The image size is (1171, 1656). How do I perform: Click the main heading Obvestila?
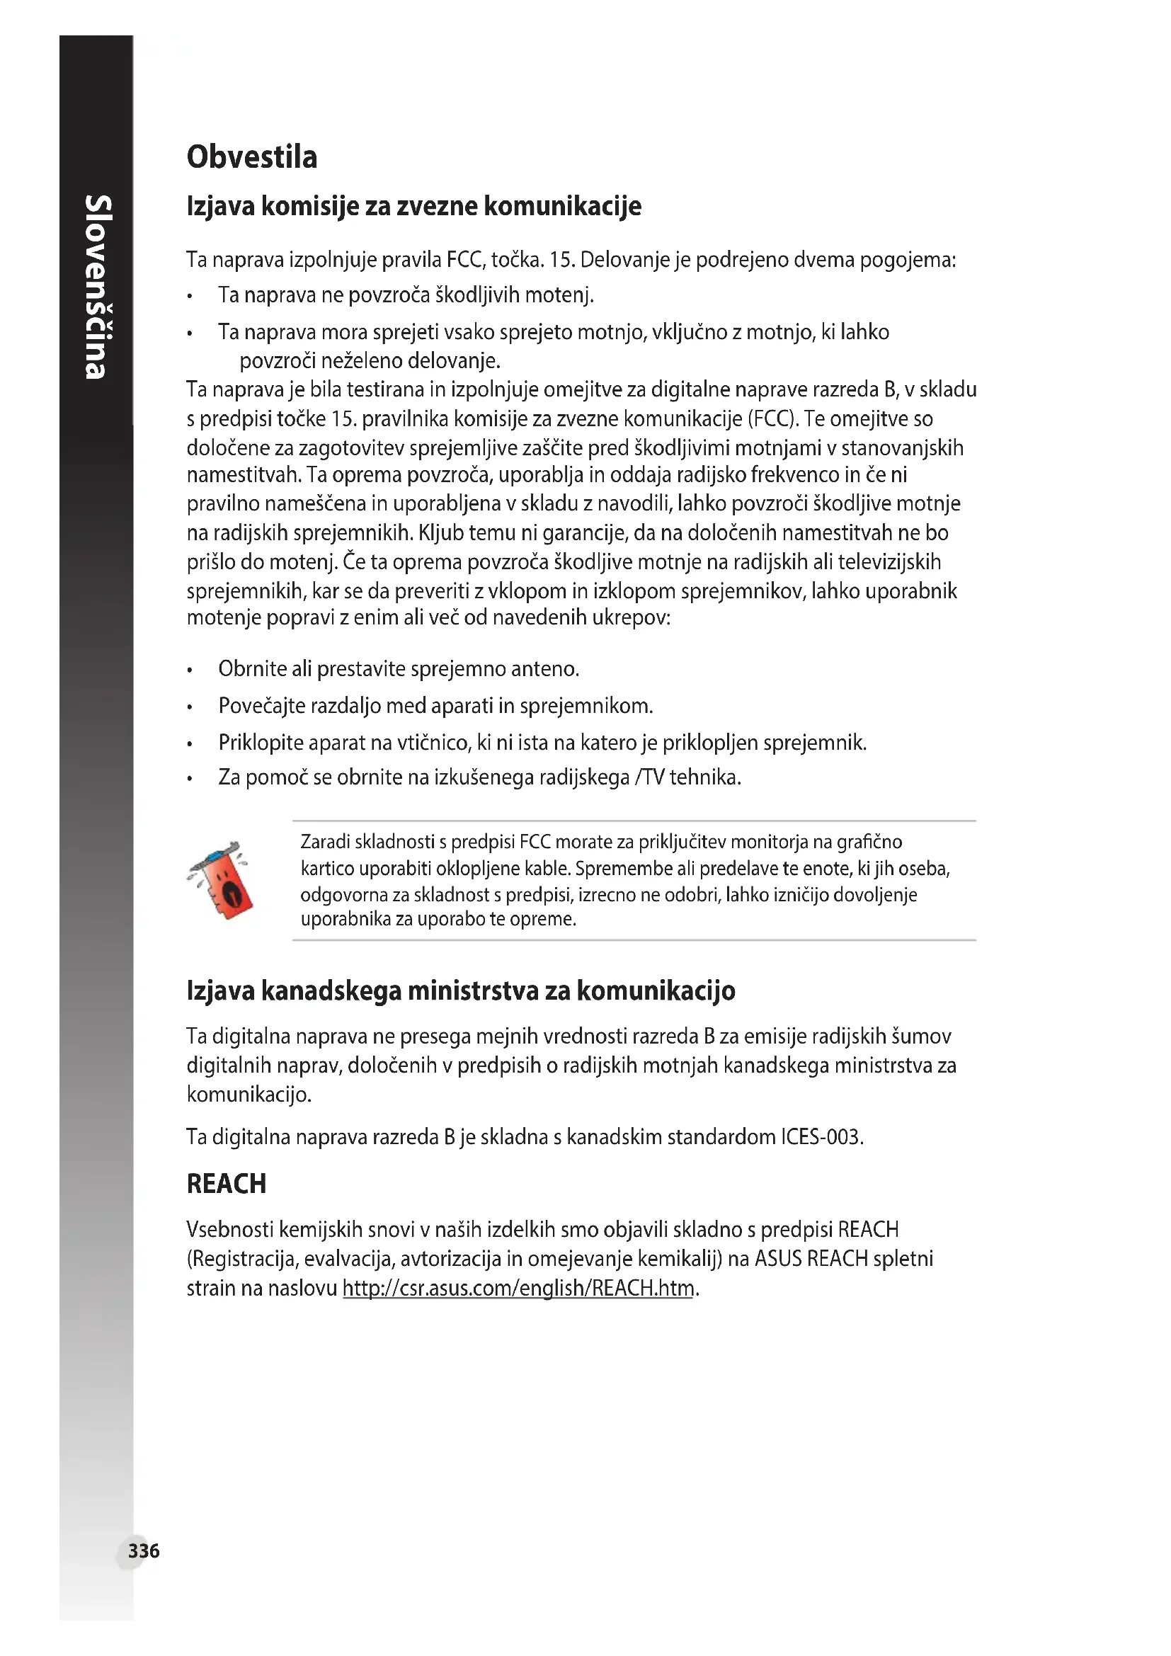pos(251,157)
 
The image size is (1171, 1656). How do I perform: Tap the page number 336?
pos(144,1550)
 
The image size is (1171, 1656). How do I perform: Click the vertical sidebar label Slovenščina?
pos(96,286)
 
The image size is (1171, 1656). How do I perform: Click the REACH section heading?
pos(227,1184)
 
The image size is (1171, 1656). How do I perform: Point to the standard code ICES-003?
pos(821,1137)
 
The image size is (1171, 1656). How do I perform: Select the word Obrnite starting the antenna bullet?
pos(252,668)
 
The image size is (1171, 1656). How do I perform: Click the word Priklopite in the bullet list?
pos(261,742)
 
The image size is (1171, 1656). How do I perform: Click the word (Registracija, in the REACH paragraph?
pos(242,1259)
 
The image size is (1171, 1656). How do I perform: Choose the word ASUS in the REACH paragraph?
pos(778,1259)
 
